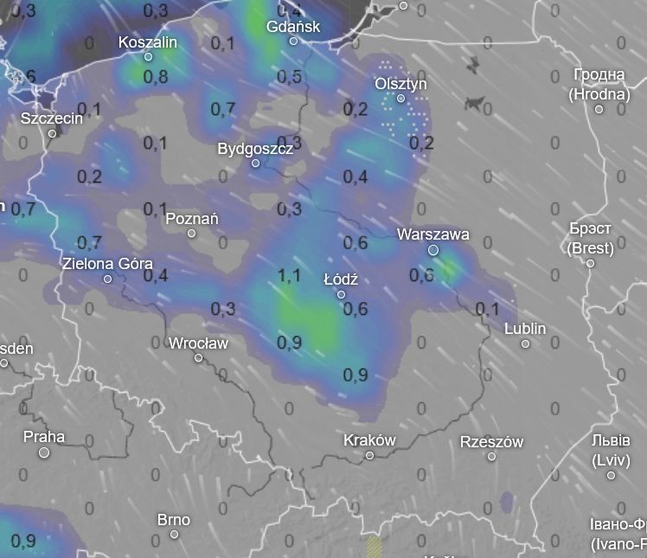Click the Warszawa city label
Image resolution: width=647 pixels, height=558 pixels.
click(432, 234)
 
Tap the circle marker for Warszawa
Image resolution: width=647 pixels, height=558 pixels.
click(433, 250)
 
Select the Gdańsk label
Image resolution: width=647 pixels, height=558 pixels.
click(293, 26)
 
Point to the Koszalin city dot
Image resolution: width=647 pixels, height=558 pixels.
click(148, 57)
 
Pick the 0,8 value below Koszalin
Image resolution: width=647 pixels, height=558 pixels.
click(156, 77)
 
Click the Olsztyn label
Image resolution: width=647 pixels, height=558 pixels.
click(400, 84)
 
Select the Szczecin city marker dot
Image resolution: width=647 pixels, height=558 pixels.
click(52, 133)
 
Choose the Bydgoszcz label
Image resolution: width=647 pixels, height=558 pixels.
click(255, 148)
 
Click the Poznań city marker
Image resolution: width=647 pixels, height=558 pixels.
click(191, 234)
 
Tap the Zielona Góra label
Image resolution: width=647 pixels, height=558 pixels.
click(107, 263)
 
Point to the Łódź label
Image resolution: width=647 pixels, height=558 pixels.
click(340, 279)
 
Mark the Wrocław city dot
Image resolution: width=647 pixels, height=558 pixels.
click(198, 358)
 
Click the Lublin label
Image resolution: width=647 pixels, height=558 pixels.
click(525, 329)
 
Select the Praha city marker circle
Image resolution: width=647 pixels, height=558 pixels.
click(44, 452)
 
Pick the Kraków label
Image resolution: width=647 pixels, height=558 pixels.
click(369, 439)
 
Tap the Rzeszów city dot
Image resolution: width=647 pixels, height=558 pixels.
click(491, 456)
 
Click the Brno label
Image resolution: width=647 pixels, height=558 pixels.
click(173, 520)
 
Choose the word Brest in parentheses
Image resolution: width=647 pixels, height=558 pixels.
click(590, 248)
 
